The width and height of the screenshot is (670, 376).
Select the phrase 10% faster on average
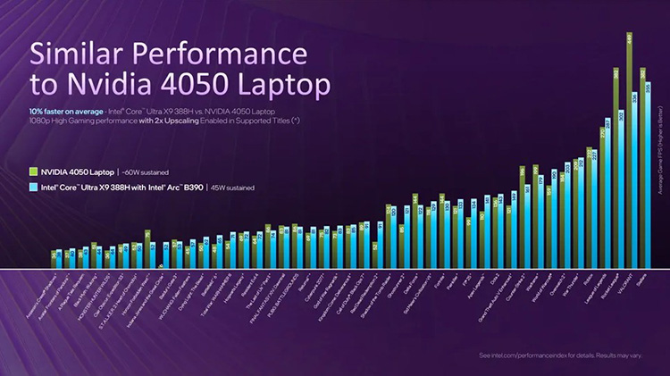pos(67,110)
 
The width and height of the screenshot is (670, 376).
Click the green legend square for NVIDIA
pos(32,171)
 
